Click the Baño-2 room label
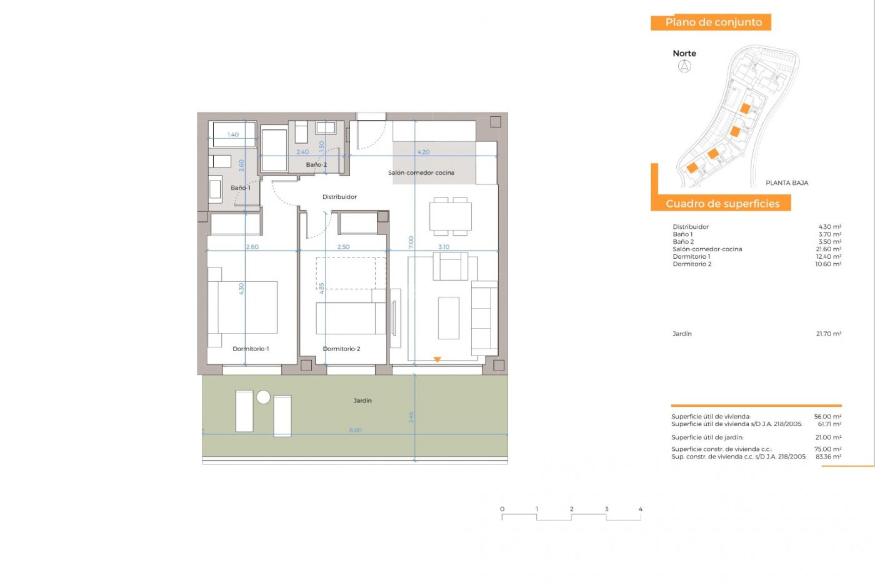pos(316,164)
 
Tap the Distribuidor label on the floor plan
pos(340,197)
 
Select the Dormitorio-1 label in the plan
pos(251,348)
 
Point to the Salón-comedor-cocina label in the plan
pos(421,173)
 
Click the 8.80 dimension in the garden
pos(355,430)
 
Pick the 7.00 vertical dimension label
pos(411,242)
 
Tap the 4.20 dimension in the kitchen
pos(423,152)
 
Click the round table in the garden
pos(263,397)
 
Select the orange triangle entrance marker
pos(437,359)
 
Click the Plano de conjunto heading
pos(713,22)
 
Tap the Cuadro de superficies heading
pos(722,204)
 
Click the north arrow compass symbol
pos(684,66)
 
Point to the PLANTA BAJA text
pos(787,183)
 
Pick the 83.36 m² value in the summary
pos(828,456)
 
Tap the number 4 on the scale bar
pos(640,509)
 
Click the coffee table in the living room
pos(448,318)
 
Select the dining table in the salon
pos(450,217)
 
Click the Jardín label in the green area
pos(362,400)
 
